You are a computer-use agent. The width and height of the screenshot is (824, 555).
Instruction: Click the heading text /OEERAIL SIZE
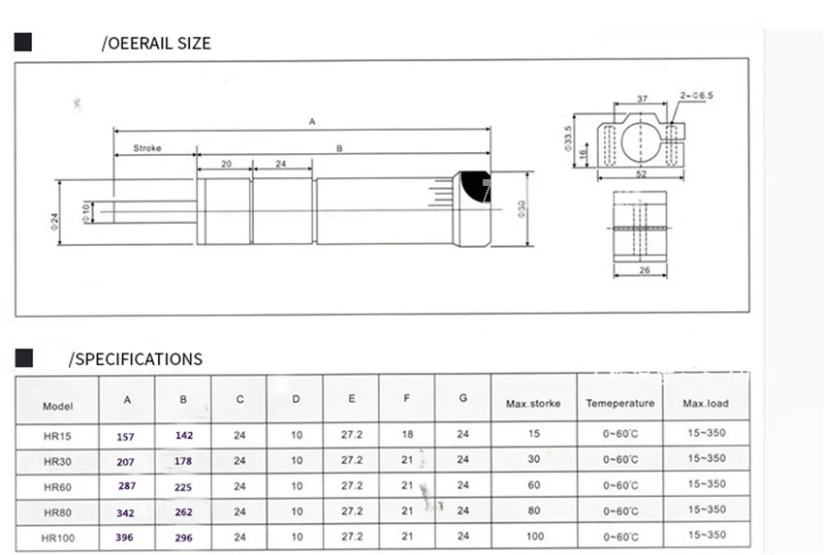[156, 43]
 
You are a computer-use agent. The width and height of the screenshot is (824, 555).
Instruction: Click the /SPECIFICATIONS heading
[136, 359]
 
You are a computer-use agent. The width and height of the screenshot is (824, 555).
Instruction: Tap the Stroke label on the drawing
[147, 148]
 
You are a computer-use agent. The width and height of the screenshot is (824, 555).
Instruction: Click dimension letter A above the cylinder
[312, 122]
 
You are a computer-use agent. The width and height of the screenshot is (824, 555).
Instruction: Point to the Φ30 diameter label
[522, 208]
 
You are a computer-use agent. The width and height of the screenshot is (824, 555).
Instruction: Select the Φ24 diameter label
[54, 221]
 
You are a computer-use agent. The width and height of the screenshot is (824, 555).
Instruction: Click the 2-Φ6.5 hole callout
[697, 96]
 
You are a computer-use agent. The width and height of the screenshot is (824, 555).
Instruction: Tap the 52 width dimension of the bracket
[641, 173]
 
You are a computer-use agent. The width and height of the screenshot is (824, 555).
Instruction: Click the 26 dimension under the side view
[645, 270]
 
